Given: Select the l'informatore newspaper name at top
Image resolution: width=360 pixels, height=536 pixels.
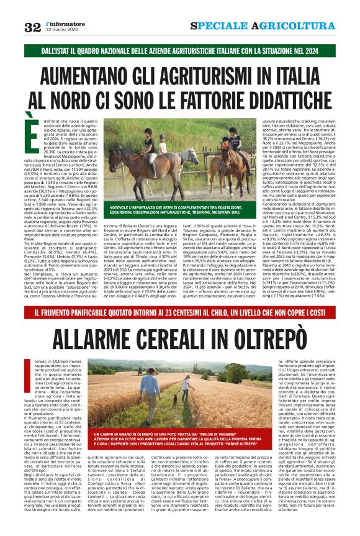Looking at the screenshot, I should (x=62, y=23).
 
